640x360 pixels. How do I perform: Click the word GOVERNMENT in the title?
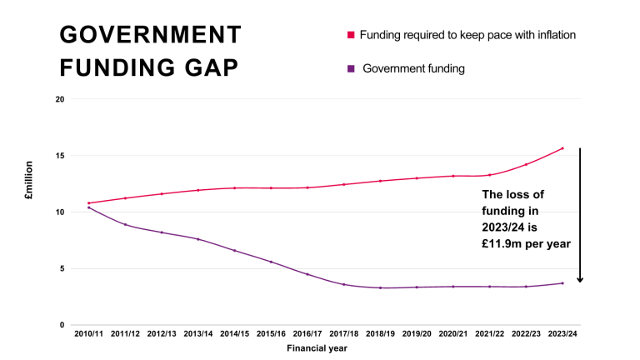click(x=151, y=35)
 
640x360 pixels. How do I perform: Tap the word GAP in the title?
click(x=208, y=67)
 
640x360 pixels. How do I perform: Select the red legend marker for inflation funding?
click(x=351, y=35)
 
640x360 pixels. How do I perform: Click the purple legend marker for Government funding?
click(x=351, y=68)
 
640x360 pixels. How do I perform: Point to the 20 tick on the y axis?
click(x=59, y=99)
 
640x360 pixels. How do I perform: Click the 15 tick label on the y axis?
click(x=59, y=156)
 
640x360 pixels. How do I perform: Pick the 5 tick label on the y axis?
click(x=62, y=268)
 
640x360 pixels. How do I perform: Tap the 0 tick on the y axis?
click(x=62, y=325)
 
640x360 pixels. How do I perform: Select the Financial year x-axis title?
click(x=317, y=348)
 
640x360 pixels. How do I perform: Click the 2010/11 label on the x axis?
click(x=89, y=333)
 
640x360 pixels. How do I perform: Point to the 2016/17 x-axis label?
click(x=307, y=333)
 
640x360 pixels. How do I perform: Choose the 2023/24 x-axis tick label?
click(x=562, y=333)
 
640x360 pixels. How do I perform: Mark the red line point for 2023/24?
click(x=562, y=148)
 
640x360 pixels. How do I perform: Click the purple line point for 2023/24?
click(x=562, y=283)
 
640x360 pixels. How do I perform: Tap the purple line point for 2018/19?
click(x=380, y=287)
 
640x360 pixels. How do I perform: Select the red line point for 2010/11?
click(x=89, y=203)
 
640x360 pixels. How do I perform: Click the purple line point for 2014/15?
click(x=234, y=251)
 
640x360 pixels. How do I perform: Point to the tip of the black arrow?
click(x=580, y=282)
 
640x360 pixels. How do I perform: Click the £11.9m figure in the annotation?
click(x=502, y=243)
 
